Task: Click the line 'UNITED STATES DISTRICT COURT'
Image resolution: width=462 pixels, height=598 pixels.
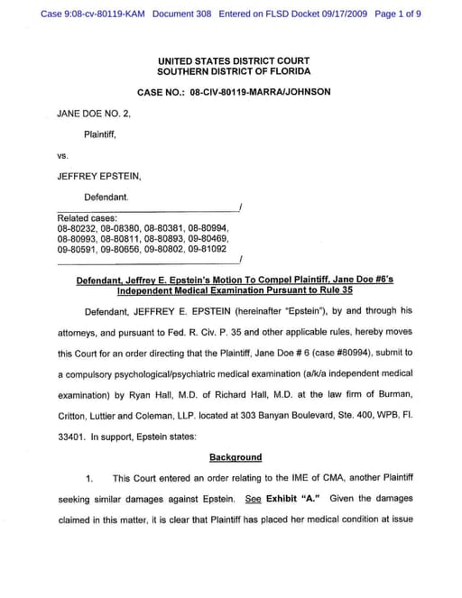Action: click(234, 60)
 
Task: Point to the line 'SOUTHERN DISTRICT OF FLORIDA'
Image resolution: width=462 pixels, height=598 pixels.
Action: click(234, 71)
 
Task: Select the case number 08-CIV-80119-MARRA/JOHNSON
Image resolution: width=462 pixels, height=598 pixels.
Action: click(261, 92)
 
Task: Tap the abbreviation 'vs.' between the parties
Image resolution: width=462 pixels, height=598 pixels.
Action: click(63, 155)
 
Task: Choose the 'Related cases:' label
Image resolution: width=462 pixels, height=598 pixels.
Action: click(88, 218)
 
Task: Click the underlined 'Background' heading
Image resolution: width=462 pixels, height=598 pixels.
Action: click(236, 457)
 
